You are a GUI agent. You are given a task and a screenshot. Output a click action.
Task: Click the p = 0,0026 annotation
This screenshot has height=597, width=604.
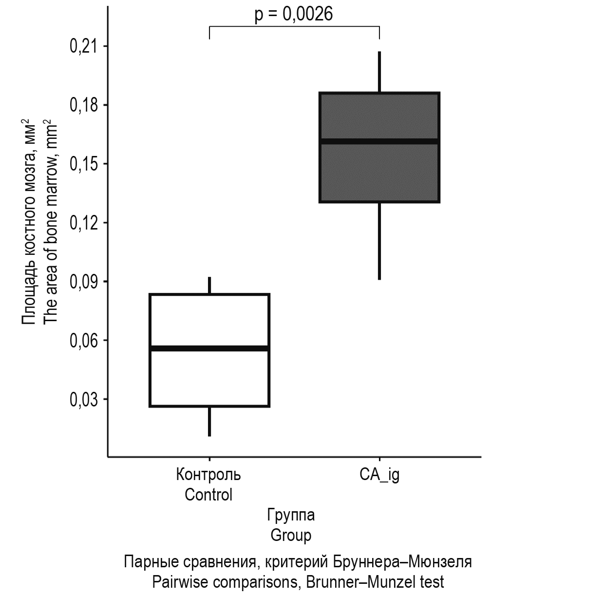point(294,14)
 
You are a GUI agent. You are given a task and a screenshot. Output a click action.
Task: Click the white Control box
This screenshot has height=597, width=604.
point(209,375)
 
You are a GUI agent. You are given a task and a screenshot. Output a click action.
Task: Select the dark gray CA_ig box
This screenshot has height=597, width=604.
point(379,171)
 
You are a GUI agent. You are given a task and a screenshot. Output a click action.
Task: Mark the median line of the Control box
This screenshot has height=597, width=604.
point(209,348)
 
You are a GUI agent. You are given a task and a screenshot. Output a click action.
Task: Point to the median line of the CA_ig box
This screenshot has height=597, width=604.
point(379,141)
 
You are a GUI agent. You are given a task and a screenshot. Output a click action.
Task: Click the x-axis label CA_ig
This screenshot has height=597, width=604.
point(379,475)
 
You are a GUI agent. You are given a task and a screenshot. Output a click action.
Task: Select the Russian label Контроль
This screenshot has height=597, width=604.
point(208,474)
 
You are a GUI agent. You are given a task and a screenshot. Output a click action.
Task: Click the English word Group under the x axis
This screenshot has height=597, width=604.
point(291,535)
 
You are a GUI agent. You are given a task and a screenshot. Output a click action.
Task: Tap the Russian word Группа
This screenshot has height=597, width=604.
point(291,515)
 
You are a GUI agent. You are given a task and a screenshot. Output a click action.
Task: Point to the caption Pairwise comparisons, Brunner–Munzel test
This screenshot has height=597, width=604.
point(298,582)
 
